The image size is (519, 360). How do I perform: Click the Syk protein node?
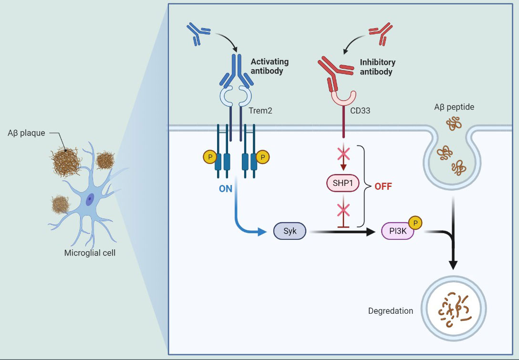(x=290, y=232)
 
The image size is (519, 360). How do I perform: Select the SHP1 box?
(x=342, y=184)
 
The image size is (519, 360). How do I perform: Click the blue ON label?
(x=226, y=188)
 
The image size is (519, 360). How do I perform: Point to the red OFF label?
(x=383, y=186)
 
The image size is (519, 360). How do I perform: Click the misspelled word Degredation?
(x=391, y=311)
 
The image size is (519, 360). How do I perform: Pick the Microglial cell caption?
(x=90, y=253)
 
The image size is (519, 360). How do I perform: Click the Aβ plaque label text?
(x=27, y=133)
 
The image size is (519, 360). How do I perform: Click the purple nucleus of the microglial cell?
(x=90, y=200)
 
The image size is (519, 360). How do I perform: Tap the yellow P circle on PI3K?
(x=415, y=223)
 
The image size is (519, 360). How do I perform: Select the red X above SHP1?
(x=342, y=153)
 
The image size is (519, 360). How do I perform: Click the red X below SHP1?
(x=342, y=209)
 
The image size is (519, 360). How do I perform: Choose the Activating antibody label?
(x=270, y=66)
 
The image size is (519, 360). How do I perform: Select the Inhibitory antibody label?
(x=377, y=67)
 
